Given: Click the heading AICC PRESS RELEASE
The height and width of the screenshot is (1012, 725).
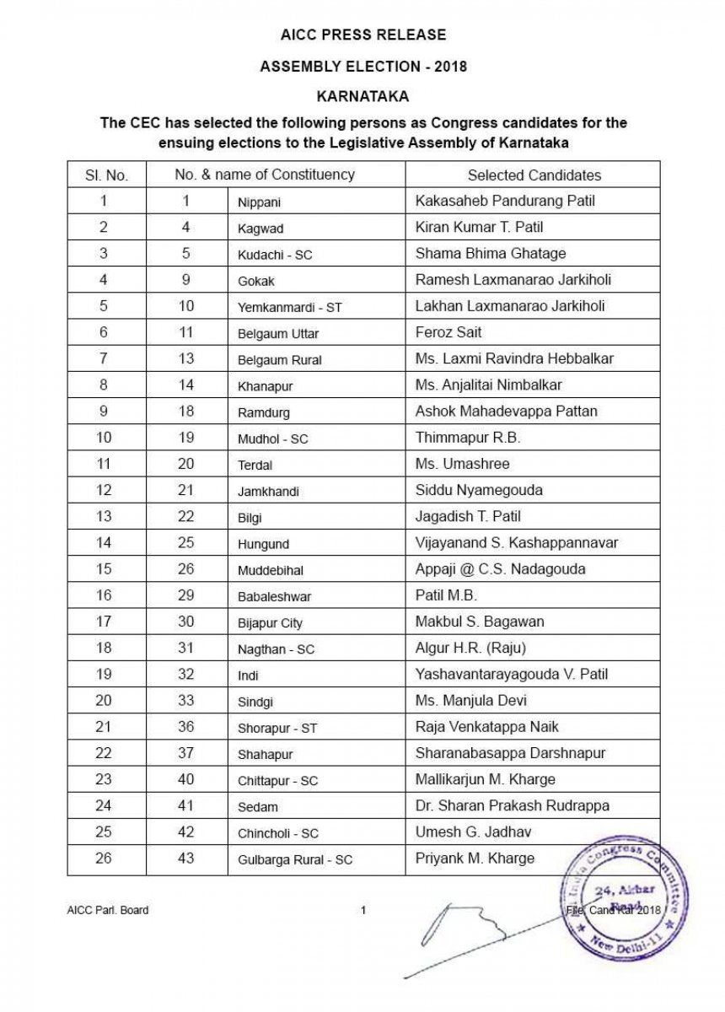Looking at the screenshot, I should [x=363, y=35].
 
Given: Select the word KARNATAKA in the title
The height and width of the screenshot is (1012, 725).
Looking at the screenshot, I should [x=363, y=96].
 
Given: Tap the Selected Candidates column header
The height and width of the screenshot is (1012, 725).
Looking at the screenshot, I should [x=534, y=175].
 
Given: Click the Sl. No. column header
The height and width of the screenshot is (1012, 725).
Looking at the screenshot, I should [x=106, y=175].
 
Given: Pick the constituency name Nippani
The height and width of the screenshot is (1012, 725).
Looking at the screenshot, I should [x=259, y=202].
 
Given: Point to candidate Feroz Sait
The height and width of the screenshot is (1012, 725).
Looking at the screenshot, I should [x=448, y=332].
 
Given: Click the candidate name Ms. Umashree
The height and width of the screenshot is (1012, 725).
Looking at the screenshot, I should [x=462, y=463].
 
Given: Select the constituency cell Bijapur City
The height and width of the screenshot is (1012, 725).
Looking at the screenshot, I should [x=270, y=623].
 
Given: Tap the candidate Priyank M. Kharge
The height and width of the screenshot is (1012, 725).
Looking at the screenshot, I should [x=475, y=858].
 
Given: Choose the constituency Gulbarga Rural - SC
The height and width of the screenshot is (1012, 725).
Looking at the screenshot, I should [x=295, y=859].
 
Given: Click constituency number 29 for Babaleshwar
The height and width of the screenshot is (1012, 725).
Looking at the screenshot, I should [x=185, y=595].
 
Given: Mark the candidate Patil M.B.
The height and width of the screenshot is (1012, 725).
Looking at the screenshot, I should [x=446, y=595].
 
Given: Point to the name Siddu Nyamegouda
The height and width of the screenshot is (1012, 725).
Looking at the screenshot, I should [x=479, y=490].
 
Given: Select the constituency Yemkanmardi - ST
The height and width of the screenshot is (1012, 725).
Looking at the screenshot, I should [x=290, y=307].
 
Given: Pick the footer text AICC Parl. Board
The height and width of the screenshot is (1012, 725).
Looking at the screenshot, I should [x=108, y=910].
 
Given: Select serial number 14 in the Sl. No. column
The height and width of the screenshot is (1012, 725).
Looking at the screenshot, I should [x=104, y=542].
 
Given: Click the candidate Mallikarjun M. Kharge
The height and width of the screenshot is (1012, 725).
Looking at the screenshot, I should [x=485, y=779].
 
